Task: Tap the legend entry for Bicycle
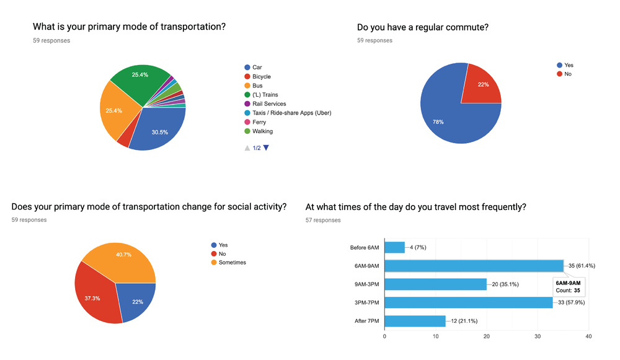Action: coord(261,76)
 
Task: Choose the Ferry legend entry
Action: coord(259,122)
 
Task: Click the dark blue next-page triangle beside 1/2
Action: coord(267,147)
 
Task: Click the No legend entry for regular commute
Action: coord(567,74)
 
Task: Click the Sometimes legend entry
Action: coord(232,262)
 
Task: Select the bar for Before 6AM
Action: coord(394,247)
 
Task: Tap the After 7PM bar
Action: coord(415,321)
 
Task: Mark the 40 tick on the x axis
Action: coord(588,336)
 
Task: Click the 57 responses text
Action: coord(323,220)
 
